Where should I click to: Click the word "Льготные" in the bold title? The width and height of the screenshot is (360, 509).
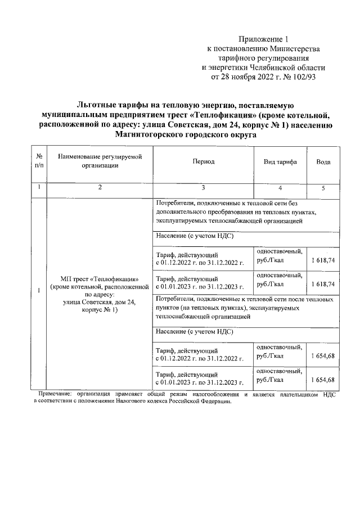[96, 105]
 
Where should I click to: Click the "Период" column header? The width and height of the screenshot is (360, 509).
[203, 161]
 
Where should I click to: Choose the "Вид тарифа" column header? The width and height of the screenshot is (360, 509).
[280, 161]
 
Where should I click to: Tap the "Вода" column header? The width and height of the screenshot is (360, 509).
[323, 161]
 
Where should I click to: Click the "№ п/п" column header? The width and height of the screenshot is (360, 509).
[38, 161]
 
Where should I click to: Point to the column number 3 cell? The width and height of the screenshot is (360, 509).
[203, 188]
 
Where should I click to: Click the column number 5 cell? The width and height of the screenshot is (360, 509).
[323, 188]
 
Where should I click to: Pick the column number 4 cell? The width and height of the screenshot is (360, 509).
[280, 188]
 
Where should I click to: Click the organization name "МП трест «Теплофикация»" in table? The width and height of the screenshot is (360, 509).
[99, 280]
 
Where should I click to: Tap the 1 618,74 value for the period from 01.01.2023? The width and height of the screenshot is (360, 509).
[323, 284]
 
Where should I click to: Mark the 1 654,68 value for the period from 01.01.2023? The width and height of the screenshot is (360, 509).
[323, 380]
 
